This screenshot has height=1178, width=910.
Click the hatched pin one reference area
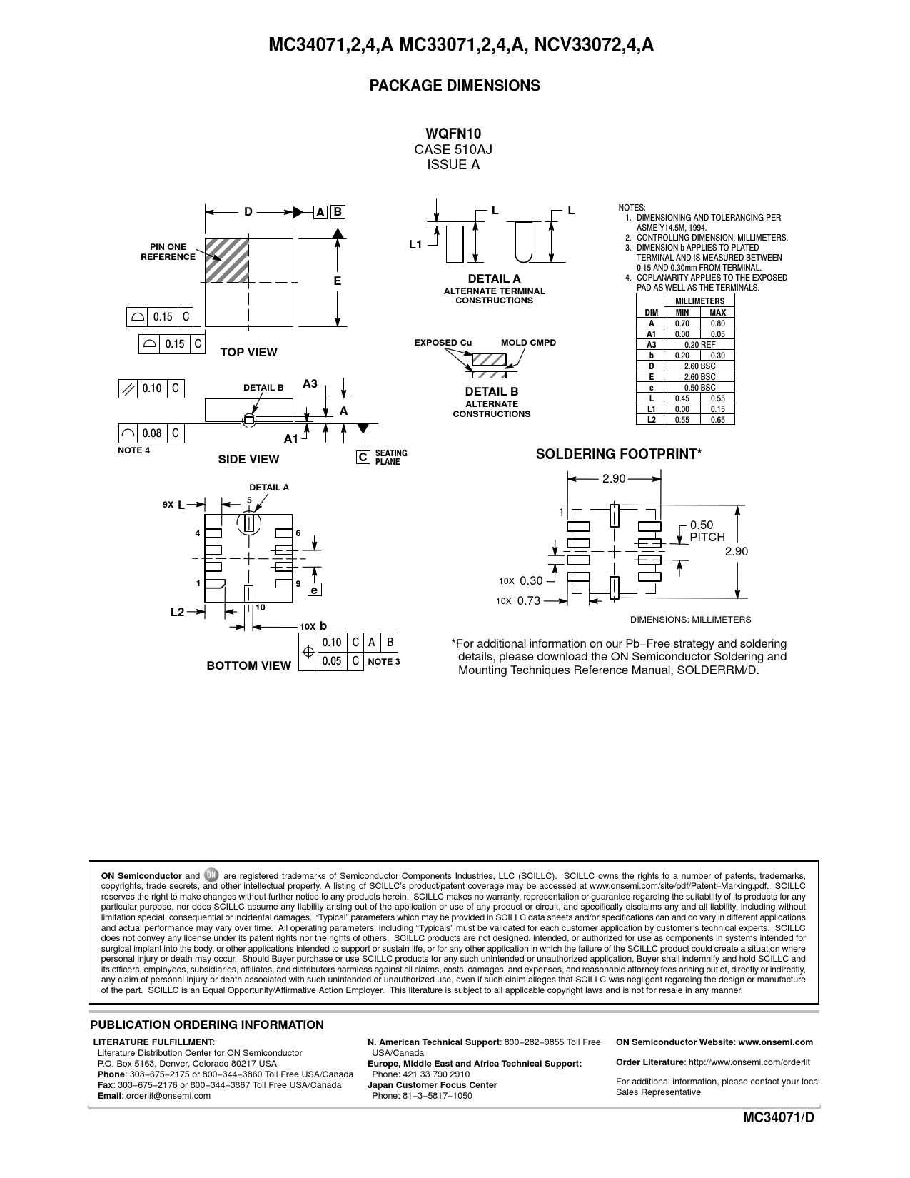tap(226, 260)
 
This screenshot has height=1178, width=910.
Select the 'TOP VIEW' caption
tap(248, 353)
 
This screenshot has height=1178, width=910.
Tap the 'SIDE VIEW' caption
tap(248, 459)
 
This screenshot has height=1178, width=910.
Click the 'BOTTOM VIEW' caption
tap(249, 665)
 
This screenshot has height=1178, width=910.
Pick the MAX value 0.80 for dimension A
tap(717, 323)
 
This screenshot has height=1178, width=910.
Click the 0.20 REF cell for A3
tap(699, 345)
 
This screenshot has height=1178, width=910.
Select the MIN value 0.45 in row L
tap(682, 398)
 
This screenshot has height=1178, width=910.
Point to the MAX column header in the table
tap(717, 313)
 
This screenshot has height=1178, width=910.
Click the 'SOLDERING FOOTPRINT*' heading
tap(618, 454)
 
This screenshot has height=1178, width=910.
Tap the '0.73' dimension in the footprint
tap(528, 600)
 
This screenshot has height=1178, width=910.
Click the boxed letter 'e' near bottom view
tap(314, 589)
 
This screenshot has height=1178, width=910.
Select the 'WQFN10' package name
tap(453, 134)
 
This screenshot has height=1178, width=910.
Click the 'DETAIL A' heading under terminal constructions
tap(494, 278)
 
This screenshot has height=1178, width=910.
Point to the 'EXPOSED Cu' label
tap(443, 343)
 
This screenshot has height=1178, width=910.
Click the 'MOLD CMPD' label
tap(528, 343)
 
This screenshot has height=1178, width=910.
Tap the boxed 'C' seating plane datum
tap(363, 457)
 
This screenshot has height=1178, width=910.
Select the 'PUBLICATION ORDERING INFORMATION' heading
tap(207, 1025)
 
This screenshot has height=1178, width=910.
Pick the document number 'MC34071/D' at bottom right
tap(778, 1118)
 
